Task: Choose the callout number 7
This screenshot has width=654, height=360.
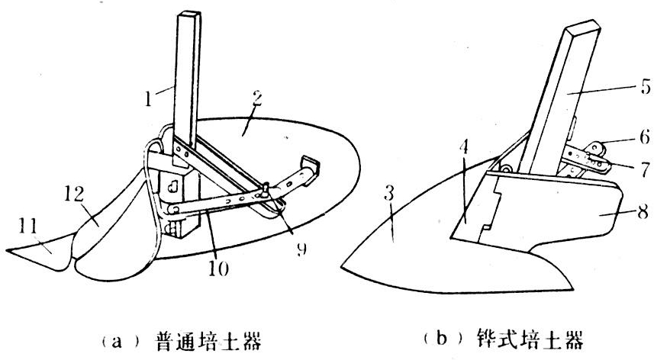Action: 623,166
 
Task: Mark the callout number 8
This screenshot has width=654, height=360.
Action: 623,217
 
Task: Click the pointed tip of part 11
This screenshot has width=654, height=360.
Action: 7,251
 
